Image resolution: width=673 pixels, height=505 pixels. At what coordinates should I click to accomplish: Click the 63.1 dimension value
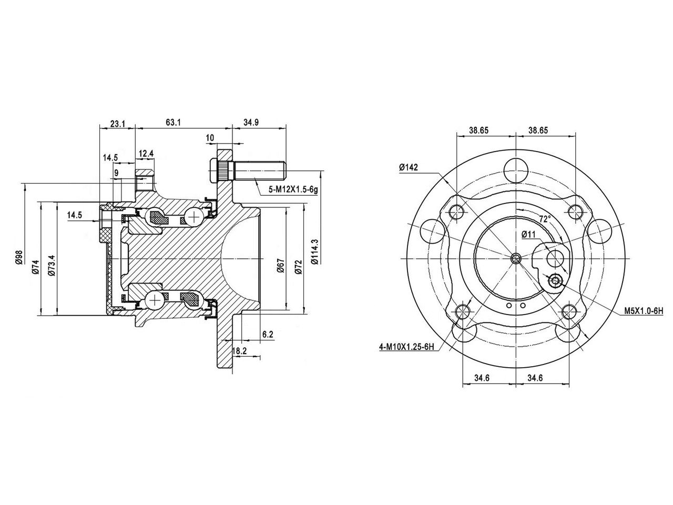coord(174,123)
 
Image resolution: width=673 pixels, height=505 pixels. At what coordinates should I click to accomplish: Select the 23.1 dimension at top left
coord(118,124)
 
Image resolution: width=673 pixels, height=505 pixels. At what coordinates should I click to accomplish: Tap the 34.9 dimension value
coord(251,123)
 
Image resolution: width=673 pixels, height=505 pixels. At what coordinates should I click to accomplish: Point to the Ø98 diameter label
coord(19,257)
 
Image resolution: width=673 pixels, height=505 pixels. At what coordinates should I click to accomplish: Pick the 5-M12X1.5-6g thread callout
coord(293,190)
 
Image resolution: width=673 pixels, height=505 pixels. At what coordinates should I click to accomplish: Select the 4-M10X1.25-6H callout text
coord(407,347)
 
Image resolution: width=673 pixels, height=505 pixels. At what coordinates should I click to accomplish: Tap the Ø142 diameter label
coord(409,167)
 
